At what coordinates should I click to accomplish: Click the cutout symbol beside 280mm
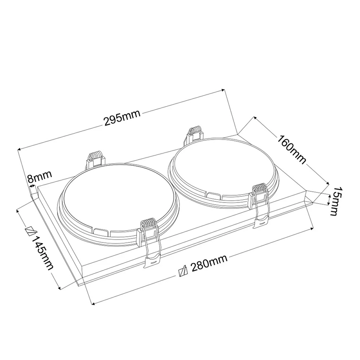tap(183, 271)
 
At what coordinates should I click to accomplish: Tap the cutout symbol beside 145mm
tap(30, 229)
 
